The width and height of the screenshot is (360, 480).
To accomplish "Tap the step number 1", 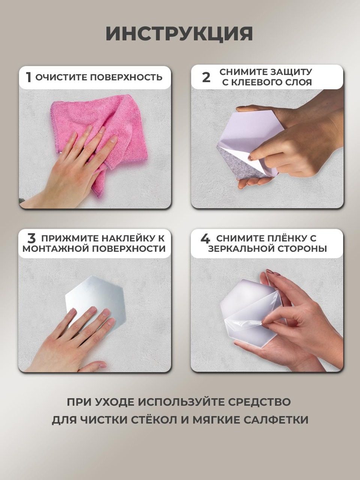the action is (x=28, y=77).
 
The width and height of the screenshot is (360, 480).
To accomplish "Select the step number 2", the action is (x=206, y=77).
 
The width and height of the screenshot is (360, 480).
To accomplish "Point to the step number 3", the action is (x=31, y=238).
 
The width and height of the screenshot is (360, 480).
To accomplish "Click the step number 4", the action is (x=205, y=238).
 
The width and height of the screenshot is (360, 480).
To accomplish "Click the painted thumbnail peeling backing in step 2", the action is (x=251, y=157).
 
